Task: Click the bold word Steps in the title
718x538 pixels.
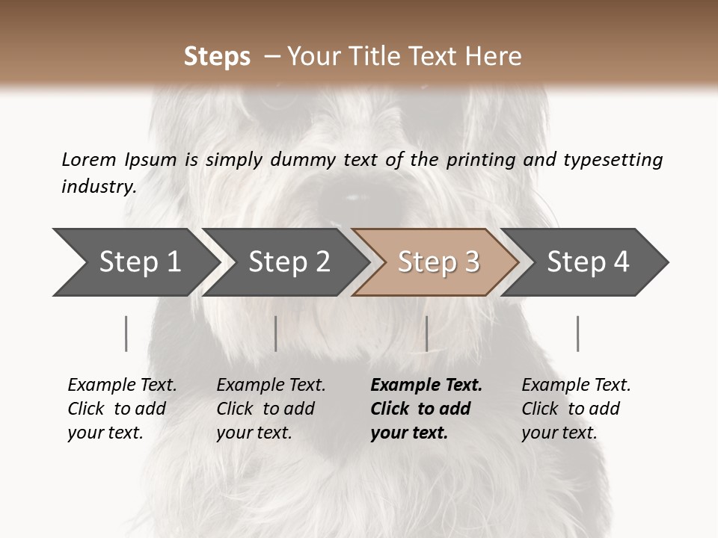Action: coord(217,57)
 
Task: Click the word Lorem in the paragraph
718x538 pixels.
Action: coord(88,159)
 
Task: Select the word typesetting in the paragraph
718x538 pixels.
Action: coord(613,160)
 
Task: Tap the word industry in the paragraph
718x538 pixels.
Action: coord(98,186)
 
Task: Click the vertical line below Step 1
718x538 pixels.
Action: coord(126,333)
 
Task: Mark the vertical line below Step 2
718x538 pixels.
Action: coord(276,333)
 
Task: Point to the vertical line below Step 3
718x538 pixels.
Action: coord(426,333)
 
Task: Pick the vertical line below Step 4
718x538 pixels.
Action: coord(577,333)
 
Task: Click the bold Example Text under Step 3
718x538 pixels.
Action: coord(426,385)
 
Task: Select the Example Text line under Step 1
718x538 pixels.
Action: coord(122,385)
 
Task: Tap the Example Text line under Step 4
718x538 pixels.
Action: coord(576,385)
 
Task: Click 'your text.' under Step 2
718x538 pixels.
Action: coord(254,433)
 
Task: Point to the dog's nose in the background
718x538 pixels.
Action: coord(352,198)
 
